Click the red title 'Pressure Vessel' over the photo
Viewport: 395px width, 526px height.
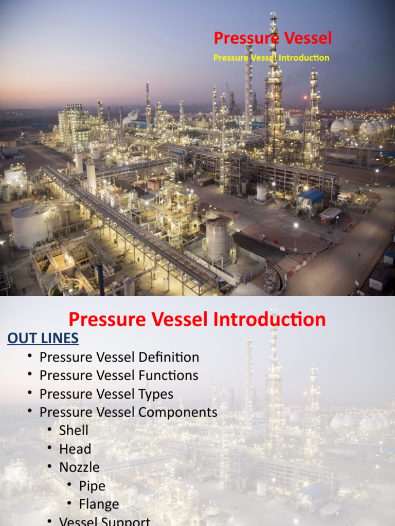point(273,38)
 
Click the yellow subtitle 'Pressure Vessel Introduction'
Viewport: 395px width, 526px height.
point(271,58)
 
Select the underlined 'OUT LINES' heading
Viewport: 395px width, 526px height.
point(43,338)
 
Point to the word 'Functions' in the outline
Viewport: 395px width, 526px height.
point(169,375)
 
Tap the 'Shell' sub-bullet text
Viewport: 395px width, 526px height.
point(74,430)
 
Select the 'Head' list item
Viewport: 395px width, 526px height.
point(75,449)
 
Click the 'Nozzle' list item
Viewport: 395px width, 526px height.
point(79,467)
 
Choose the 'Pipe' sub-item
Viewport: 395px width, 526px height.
point(92,486)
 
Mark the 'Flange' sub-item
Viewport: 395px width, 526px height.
point(99,504)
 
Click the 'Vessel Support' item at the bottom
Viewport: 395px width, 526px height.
point(105,521)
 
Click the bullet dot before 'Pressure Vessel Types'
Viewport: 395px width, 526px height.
point(31,394)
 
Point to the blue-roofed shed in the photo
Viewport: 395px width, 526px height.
point(311,196)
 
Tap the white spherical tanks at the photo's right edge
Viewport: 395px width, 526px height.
point(360,126)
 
